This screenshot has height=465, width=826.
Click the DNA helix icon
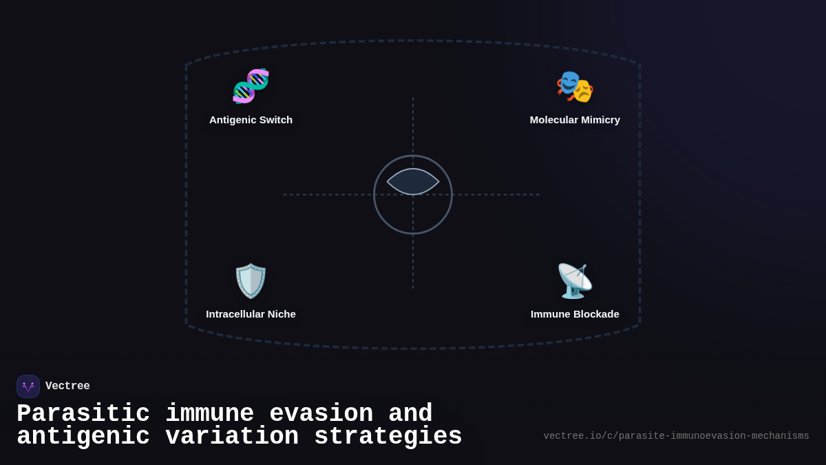click(251, 86)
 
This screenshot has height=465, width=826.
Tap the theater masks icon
click(575, 87)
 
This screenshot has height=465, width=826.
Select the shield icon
click(251, 280)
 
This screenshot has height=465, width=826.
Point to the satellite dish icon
click(575, 280)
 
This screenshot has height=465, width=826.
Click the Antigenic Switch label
click(251, 120)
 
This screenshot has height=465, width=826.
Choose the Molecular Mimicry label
click(575, 120)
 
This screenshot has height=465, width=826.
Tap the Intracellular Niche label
click(251, 314)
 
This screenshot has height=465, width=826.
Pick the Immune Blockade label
click(575, 314)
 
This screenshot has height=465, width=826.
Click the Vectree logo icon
click(28, 386)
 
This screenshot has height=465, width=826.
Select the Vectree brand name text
click(67, 386)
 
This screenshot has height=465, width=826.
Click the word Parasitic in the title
click(83, 414)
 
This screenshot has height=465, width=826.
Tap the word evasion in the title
click(321, 414)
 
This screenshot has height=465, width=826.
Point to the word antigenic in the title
click(83, 437)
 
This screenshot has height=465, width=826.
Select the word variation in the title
click(231, 437)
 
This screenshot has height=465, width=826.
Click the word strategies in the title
click(388, 437)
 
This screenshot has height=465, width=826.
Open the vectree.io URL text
click(676, 436)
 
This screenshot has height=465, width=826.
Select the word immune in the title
click(209, 414)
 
